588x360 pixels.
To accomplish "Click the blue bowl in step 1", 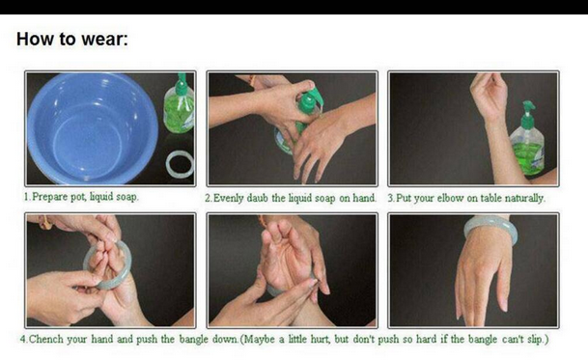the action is click(x=93, y=127).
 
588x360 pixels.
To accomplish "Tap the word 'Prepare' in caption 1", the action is click(x=49, y=197).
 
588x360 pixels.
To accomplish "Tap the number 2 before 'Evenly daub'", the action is click(x=208, y=199).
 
